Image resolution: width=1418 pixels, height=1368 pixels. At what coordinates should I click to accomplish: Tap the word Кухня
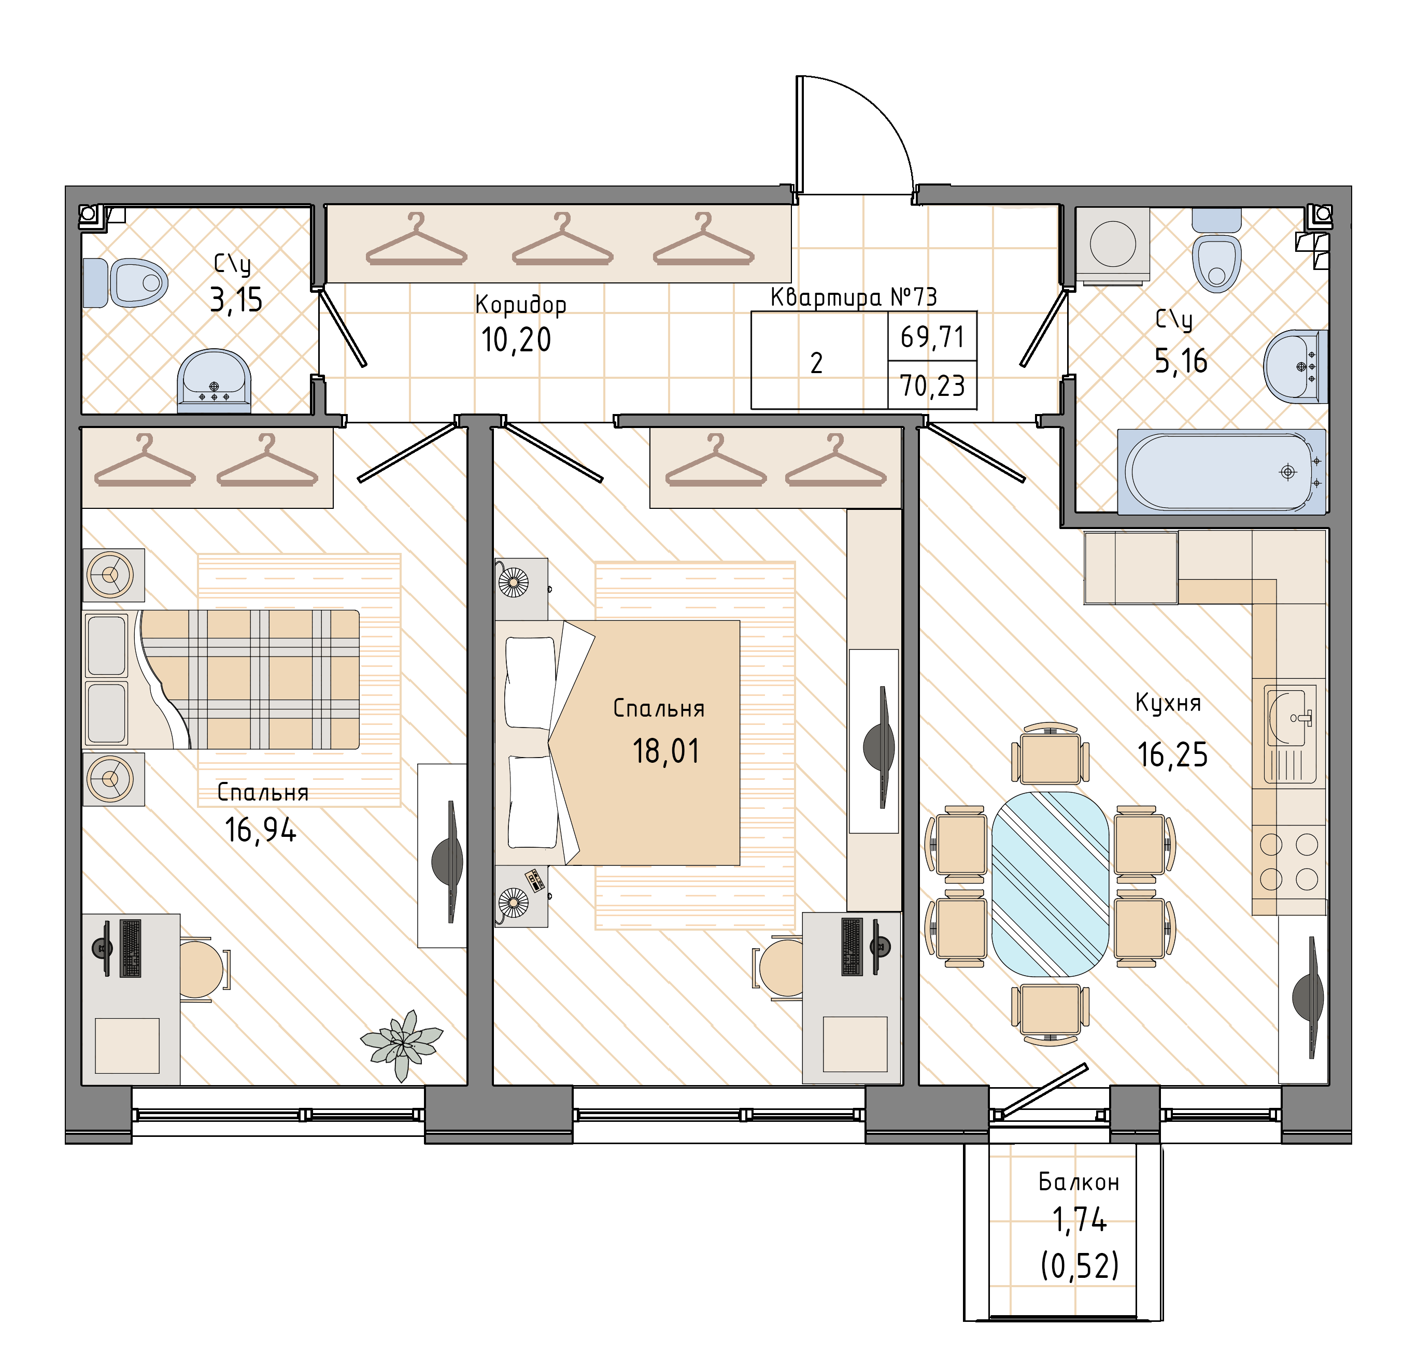[1168, 703]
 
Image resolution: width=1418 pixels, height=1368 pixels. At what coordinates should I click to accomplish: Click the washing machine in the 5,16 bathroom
[1113, 245]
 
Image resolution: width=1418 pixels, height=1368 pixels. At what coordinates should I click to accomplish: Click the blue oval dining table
[1050, 884]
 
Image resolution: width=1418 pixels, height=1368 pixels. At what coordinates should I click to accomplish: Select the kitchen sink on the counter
[1290, 734]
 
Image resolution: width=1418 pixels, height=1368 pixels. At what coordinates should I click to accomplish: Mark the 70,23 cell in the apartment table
[932, 386]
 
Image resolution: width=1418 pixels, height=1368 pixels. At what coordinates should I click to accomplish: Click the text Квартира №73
[854, 296]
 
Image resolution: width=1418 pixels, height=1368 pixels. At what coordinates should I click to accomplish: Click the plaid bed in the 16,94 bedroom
[221, 679]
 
